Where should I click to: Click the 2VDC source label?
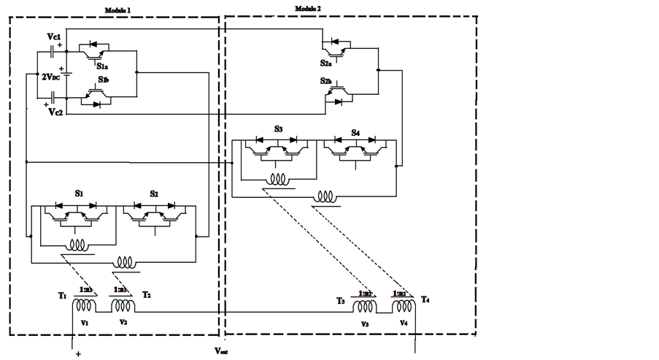52,77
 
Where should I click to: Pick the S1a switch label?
103,65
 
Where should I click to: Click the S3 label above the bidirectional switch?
278,129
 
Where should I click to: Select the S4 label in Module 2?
355,132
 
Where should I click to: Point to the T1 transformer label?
63,296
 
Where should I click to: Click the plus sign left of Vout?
77,354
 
